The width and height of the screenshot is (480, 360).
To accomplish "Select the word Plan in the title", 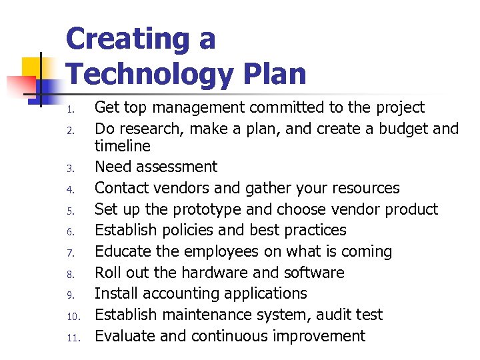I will pos(270,74).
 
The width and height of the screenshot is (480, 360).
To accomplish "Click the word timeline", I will pos(123,146).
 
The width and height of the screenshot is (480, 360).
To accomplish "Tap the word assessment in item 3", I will pos(179,167).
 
